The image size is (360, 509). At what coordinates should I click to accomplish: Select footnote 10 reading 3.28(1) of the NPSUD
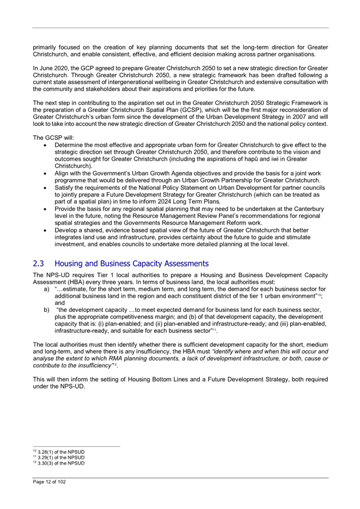59,452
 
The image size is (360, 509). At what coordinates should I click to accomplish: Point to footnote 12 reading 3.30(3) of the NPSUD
59,463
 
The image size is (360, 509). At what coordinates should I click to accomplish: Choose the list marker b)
46,309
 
